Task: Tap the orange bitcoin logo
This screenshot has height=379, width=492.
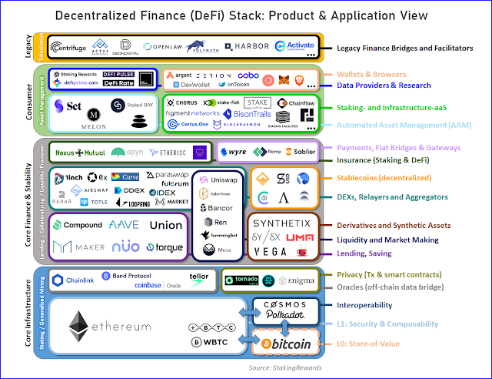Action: tap(285, 344)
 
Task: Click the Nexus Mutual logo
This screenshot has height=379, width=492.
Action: tap(79, 152)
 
